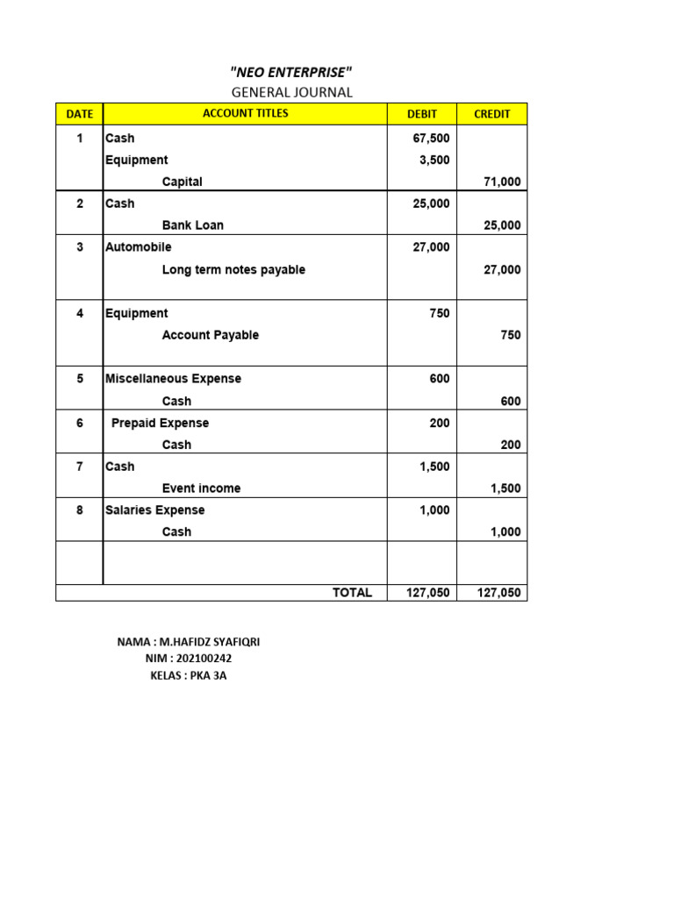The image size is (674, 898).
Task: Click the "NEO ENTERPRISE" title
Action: pos(291,72)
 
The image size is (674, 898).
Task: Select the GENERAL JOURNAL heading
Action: pos(291,92)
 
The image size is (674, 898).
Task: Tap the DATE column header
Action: pos(80,114)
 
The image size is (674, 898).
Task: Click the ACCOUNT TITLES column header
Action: pos(246,114)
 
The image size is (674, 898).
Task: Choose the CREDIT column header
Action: pos(492,114)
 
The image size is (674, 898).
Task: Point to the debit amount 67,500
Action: pos(431,139)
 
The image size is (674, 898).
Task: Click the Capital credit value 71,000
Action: pos(502,182)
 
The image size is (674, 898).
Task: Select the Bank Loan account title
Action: pos(193,225)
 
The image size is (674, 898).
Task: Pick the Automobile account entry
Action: pos(139,247)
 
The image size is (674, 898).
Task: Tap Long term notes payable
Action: pos(233,270)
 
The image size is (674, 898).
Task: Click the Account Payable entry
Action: pos(211,335)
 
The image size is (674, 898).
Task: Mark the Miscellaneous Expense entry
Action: pos(173,379)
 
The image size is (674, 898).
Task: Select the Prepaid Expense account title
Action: pos(160,423)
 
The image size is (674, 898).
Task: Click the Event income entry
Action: pos(201,488)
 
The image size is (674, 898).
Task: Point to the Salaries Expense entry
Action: pos(154,510)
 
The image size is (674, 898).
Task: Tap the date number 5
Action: pos(80,379)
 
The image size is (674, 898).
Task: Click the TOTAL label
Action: pos(352,593)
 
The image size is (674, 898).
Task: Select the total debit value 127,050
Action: pos(427,593)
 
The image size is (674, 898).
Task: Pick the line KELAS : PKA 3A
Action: pos(188,675)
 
